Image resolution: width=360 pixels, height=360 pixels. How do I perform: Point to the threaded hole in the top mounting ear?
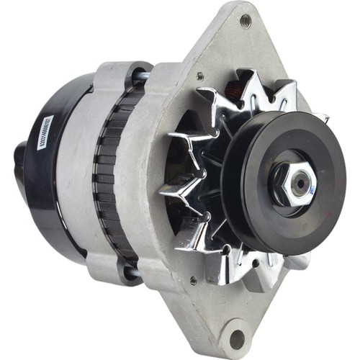click(246, 19)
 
